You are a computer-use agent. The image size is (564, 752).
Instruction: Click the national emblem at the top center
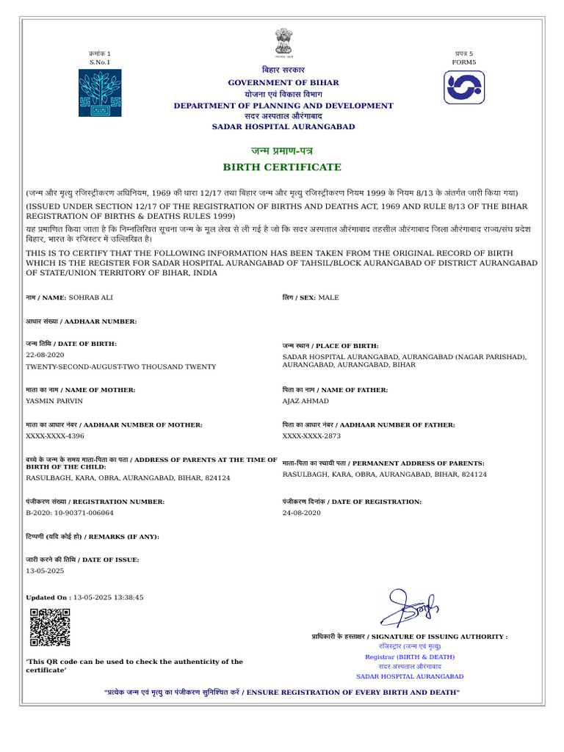pyautogui.click(x=283, y=43)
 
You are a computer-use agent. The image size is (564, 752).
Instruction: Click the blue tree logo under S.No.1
pyautogui.click(x=100, y=93)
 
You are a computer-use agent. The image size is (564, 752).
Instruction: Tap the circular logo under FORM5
pyautogui.click(x=464, y=87)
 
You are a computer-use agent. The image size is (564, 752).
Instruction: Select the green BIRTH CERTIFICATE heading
pyautogui.click(x=283, y=167)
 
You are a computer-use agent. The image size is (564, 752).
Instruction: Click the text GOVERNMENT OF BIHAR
pyautogui.click(x=283, y=82)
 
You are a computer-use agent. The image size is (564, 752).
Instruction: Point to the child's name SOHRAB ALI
pyautogui.click(x=91, y=298)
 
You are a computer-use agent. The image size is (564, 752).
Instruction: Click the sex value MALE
pyautogui.click(x=328, y=298)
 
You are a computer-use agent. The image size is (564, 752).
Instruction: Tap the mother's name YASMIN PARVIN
pyautogui.click(x=54, y=402)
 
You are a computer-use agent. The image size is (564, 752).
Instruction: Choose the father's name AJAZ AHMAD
pyautogui.click(x=305, y=402)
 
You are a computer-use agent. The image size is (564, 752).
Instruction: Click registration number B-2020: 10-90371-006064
pyautogui.click(x=70, y=513)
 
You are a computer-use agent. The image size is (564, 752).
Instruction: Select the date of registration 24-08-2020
pyautogui.click(x=302, y=513)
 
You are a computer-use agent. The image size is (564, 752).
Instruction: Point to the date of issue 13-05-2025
pyautogui.click(x=46, y=571)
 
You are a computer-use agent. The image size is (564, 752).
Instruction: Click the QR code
pyautogui.click(x=50, y=627)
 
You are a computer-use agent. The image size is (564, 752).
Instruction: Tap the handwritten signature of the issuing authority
pyautogui.click(x=408, y=607)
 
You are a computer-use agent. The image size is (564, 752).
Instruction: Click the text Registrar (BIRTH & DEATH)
pyautogui.click(x=410, y=657)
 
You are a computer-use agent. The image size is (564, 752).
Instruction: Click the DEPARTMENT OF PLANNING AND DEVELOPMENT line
pyautogui.click(x=283, y=106)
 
